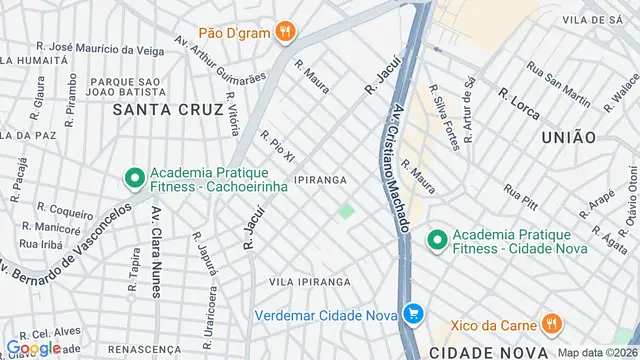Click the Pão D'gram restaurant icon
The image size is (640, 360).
tap(286, 32)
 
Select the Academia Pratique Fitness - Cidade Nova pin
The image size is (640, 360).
tap(437, 240)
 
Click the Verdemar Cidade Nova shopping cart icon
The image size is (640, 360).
tap(413, 313)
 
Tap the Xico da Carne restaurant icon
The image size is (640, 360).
tap(550, 323)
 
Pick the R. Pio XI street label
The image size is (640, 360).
tap(278, 146)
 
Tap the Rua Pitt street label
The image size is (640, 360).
tap(521, 194)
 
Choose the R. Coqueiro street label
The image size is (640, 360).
tap(65, 210)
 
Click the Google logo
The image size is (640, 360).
tap(33, 347)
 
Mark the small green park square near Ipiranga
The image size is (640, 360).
tap(346, 211)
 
